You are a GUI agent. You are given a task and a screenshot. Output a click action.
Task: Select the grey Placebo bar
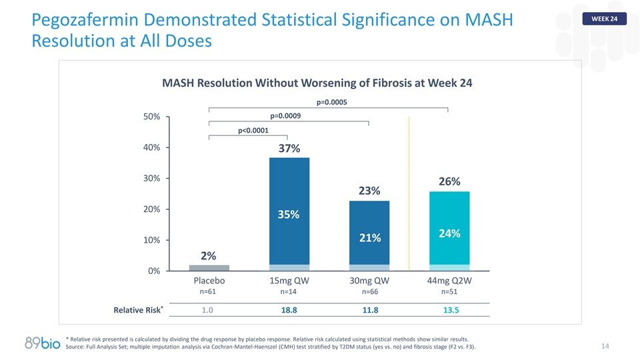click(x=209, y=267)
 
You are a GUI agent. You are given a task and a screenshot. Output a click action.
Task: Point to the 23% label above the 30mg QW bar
click(x=369, y=191)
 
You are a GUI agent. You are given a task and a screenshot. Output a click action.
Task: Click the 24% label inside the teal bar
click(x=449, y=233)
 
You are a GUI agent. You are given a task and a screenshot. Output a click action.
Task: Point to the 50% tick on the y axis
click(x=151, y=117)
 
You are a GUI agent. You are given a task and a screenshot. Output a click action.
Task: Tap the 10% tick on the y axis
click(x=151, y=240)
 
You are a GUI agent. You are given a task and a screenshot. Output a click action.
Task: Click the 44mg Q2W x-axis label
click(x=449, y=281)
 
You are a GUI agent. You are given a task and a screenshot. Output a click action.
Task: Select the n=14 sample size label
click(x=289, y=291)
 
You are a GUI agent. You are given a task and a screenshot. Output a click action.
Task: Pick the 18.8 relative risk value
click(x=289, y=310)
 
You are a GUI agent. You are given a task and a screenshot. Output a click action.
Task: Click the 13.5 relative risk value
click(x=449, y=310)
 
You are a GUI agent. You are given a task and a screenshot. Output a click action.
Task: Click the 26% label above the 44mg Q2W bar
click(x=449, y=181)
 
